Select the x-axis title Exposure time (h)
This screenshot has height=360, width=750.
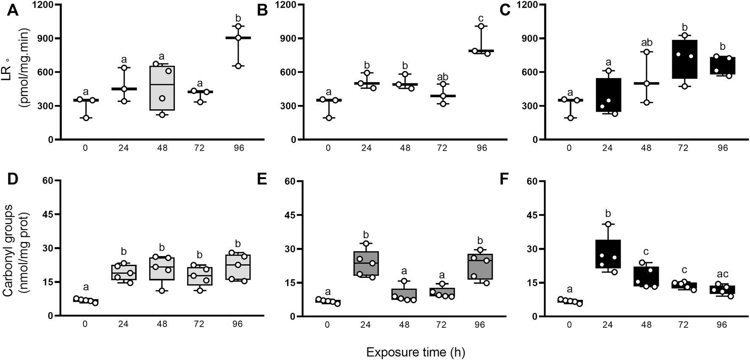[x=416, y=352]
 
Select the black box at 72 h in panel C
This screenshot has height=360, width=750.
[x=684, y=59]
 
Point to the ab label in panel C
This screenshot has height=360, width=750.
[x=646, y=43]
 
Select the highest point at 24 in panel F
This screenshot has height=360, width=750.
[x=608, y=224]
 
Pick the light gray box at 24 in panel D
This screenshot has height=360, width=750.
[x=124, y=272]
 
